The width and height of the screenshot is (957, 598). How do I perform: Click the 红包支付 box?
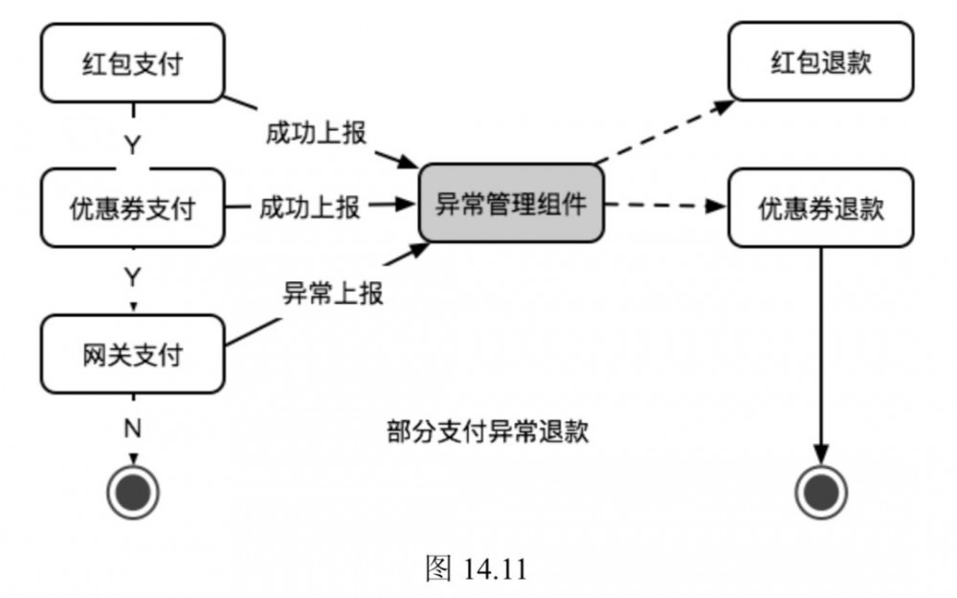click(132, 63)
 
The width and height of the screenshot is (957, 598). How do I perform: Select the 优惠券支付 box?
click(132, 207)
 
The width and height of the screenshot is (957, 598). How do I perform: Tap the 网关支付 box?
click(132, 356)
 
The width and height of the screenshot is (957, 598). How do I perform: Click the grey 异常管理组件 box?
click(511, 204)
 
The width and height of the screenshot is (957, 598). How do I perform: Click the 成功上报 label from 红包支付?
click(315, 133)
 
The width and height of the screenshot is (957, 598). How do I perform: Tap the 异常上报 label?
click(332, 293)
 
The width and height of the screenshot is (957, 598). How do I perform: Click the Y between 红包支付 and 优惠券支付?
click(133, 145)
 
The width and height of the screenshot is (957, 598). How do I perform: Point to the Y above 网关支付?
click(133, 277)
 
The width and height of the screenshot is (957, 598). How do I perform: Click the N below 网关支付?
click(133, 427)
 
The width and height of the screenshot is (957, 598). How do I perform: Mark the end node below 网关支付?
click(133, 494)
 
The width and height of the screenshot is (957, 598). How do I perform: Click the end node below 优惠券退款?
click(822, 494)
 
